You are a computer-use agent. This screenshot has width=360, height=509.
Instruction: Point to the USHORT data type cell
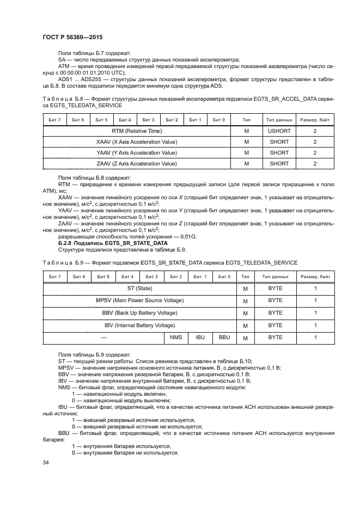pyautogui.click(x=279, y=131)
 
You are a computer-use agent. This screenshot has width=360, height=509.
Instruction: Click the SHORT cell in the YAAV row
pyautogui.click(x=279, y=153)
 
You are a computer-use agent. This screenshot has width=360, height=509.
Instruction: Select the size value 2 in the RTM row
pyautogui.click(x=315, y=131)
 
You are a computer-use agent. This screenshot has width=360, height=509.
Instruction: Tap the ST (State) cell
pyautogui.click(x=139, y=288)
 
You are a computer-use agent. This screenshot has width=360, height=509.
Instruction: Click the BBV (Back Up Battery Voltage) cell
pyautogui.click(x=139, y=313)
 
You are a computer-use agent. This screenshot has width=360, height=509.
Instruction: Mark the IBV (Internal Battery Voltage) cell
pyautogui.click(x=139, y=326)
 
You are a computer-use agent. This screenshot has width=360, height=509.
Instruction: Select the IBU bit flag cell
pyautogui.click(x=200, y=338)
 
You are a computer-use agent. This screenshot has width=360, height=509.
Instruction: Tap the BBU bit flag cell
pyautogui.click(x=224, y=338)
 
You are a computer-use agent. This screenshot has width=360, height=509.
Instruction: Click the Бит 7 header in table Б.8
pyautogui.click(x=54, y=120)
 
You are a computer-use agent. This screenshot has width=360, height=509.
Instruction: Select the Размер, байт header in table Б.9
pyautogui.click(x=315, y=277)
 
